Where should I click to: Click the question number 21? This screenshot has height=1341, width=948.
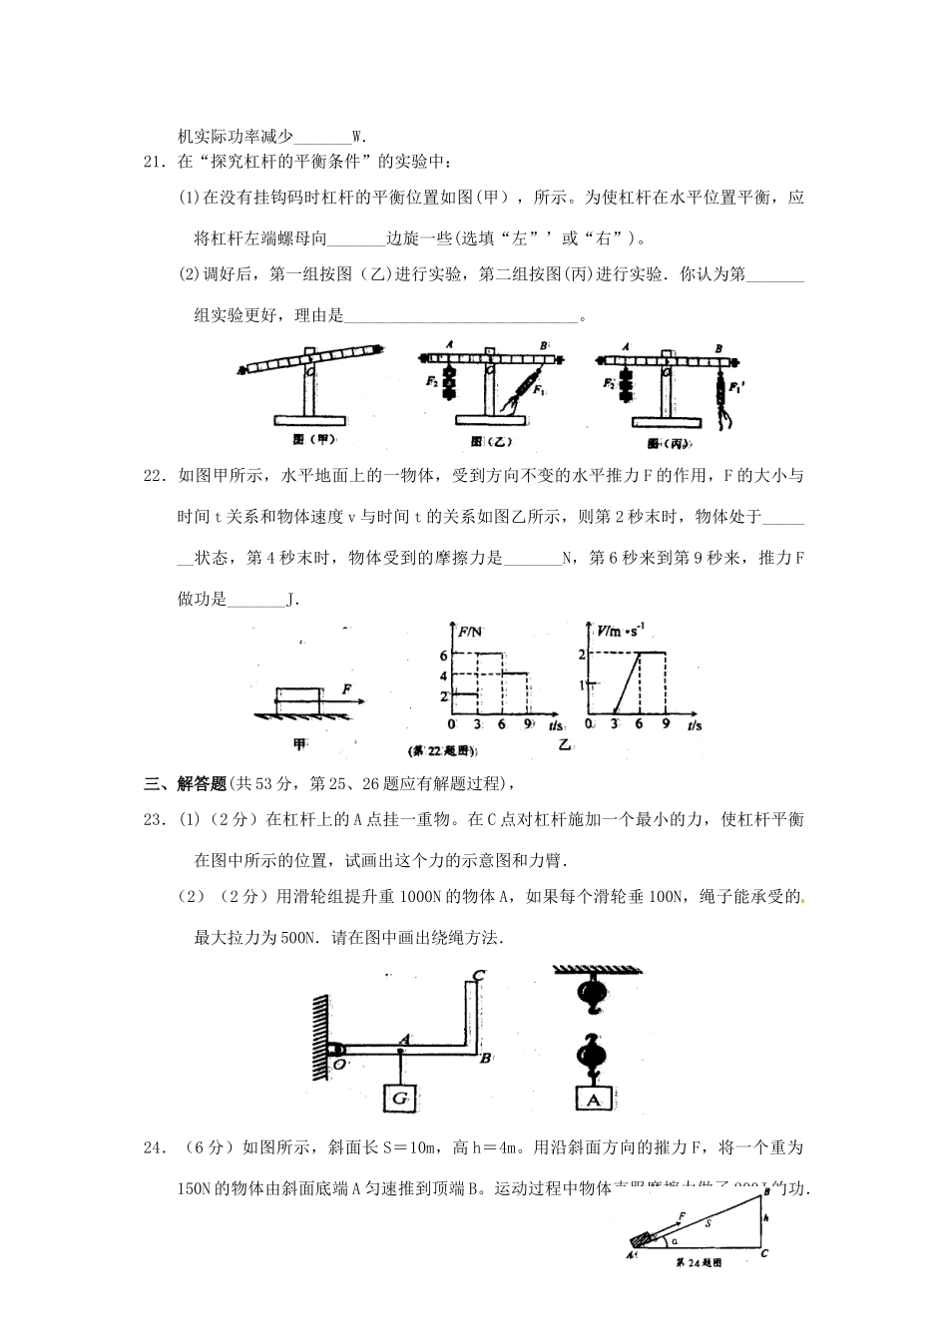[x=153, y=161]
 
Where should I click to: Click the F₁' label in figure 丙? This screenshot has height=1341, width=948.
[x=738, y=385]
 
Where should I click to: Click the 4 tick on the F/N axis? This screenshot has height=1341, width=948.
[x=443, y=674]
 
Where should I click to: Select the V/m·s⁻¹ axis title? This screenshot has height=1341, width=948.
[x=621, y=630]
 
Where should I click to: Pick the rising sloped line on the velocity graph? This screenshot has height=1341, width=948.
[x=627, y=682]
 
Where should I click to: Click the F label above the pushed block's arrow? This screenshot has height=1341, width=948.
[x=346, y=688]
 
